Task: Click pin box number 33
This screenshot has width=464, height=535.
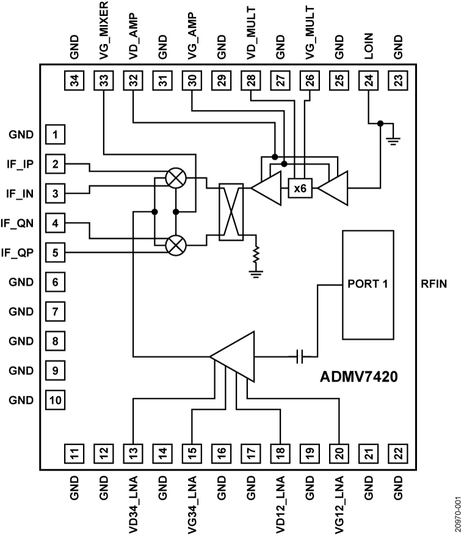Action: pyautogui.click(x=104, y=79)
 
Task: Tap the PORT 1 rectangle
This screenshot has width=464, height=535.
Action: pyautogui.click(x=367, y=284)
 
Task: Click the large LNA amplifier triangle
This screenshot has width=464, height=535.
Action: pyautogui.click(x=235, y=356)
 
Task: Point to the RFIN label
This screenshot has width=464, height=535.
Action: pyautogui.click(x=435, y=284)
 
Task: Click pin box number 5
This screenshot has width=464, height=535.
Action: pyautogui.click(x=56, y=252)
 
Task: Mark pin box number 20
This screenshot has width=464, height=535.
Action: pyautogui.click(x=339, y=453)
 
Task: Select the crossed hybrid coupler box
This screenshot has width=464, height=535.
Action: pyautogui.click(x=231, y=211)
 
